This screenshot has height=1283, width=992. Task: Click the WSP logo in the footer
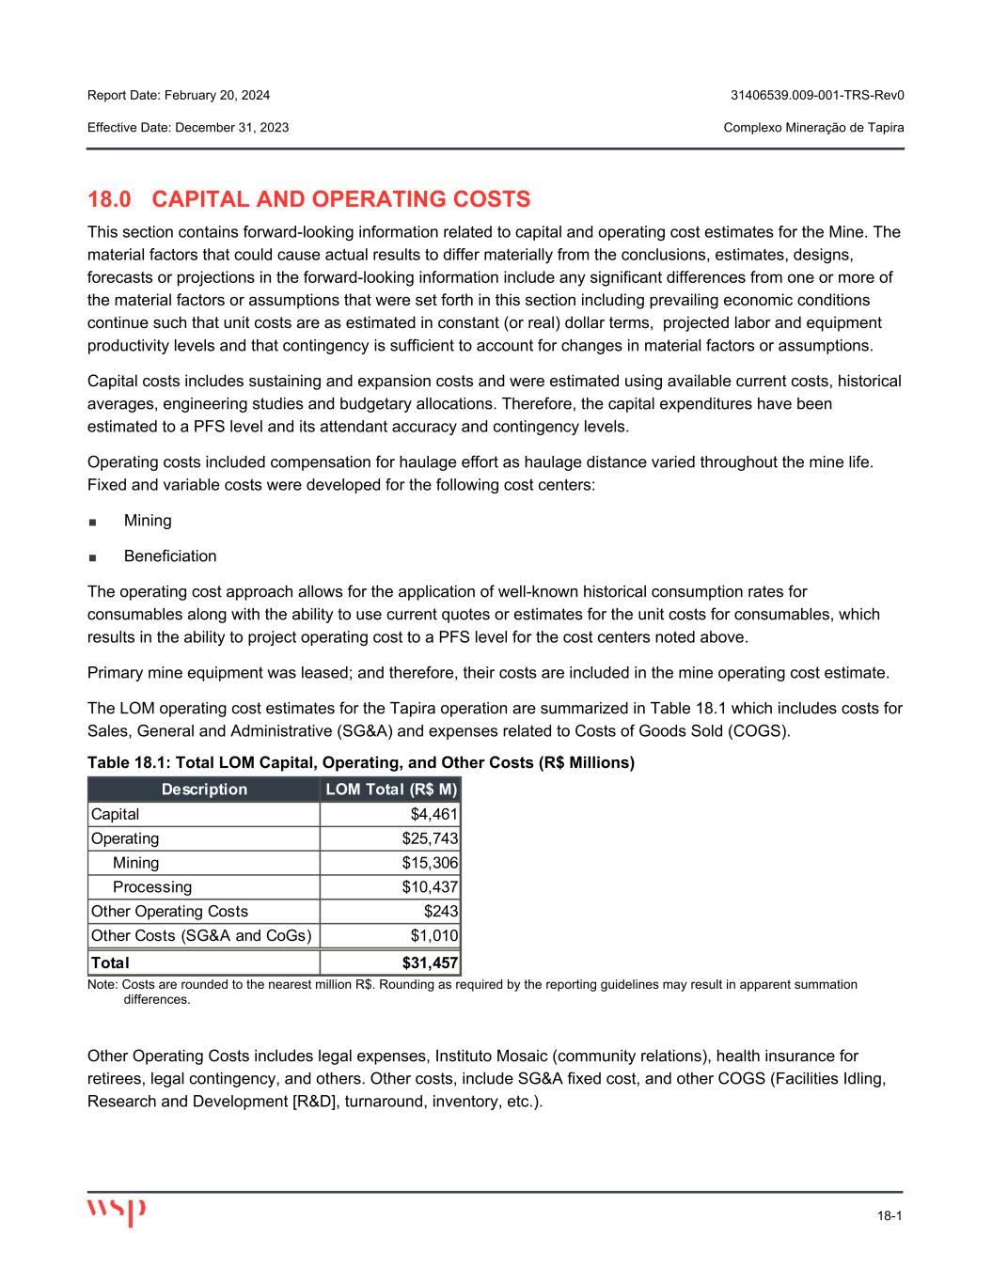click(x=117, y=1212)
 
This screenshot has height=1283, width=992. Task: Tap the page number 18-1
click(x=890, y=1216)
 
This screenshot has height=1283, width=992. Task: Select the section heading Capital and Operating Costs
click(x=308, y=199)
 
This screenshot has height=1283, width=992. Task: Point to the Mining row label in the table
click(x=135, y=863)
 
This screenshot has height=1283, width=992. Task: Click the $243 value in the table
click(x=441, y=912)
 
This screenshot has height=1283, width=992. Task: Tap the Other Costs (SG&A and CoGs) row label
click(x=200, y=936)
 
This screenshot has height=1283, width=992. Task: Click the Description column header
click(x=204, y=790)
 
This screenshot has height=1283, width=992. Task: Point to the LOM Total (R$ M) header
click(x=390, y=790)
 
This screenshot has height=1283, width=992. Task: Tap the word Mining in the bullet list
click(x=148, y=521)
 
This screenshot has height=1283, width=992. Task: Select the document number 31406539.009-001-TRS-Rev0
click(x=817, y=96)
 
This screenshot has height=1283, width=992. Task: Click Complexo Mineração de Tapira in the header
click(x=814, y=128)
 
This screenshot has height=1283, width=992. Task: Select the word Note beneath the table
click(x=101, y=985)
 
